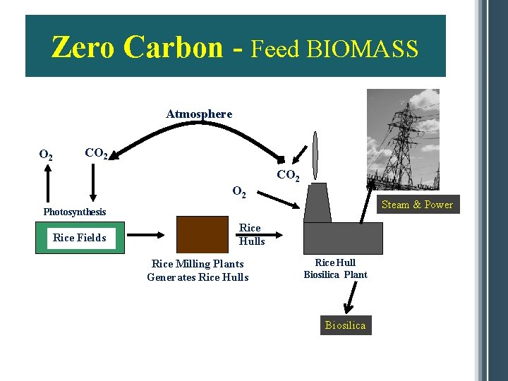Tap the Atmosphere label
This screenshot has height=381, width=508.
199,114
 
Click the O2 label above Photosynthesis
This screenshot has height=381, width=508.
47,155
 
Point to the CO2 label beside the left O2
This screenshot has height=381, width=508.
96,152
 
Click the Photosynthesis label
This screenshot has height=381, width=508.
75,212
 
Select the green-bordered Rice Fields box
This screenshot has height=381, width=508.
80,238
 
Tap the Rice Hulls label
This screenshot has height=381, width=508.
251,234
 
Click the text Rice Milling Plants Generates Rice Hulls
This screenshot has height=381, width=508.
198,270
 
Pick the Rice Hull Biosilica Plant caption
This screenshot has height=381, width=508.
335,268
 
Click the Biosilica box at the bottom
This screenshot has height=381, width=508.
346,325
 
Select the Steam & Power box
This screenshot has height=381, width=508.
417,205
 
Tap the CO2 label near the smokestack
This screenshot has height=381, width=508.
288,175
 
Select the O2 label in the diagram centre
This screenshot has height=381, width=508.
240,191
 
